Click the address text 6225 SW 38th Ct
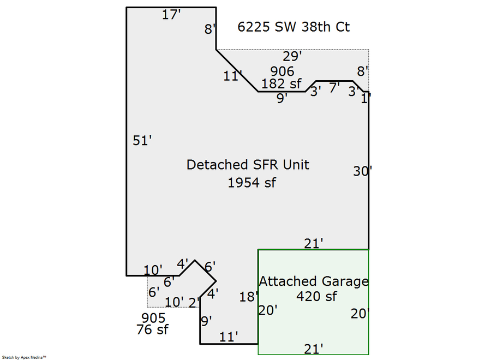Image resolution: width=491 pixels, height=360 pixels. tap(294, 27)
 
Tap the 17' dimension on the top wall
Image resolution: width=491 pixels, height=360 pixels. tap(171, 15)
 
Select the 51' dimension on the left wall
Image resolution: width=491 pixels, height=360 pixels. tap(142, 141)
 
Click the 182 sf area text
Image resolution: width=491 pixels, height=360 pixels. tap(282, 84)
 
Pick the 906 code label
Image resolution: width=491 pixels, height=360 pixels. tap(282, 71)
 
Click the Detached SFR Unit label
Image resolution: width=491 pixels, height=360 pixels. tap(248, 164)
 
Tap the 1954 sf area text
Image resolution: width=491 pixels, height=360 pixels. tap(252, 183)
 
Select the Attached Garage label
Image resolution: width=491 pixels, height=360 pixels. tap(313, 281)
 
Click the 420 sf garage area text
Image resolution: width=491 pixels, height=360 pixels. tap(316, 297)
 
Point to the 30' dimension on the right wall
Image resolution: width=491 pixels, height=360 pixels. tap(362, 171)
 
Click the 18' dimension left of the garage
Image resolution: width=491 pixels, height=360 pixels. tap(248, 297)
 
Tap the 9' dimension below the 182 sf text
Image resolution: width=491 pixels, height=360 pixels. tap(282, 99)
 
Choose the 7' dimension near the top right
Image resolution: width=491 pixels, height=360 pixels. tap(334, 87)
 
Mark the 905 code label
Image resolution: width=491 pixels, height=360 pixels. tap(153, 318)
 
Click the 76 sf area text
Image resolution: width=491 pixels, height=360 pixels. tap(152, 330)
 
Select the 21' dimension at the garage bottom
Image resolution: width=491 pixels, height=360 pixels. tap(314, 348)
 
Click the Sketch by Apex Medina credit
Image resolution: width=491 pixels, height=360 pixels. tap(24, 357)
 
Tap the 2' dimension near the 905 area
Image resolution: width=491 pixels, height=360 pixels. tap(194, 302)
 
